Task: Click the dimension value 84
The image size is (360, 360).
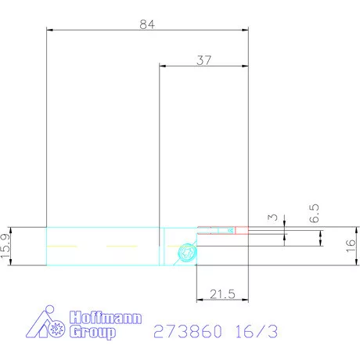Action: click(x=147, y=23)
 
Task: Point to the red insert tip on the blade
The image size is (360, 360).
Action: click(x=241, y=230)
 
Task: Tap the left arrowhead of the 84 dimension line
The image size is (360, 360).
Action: click(x=49, y=31)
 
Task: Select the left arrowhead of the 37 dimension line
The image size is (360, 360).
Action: click(x=162, y=66)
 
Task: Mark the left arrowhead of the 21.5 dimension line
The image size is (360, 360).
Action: click(x=196, y=300)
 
